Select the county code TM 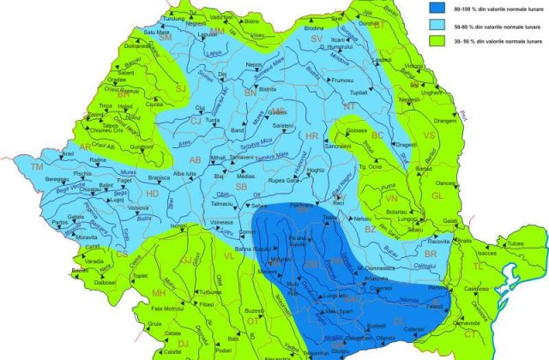(x=36, y=166)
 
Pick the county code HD (x=153, y=194)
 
